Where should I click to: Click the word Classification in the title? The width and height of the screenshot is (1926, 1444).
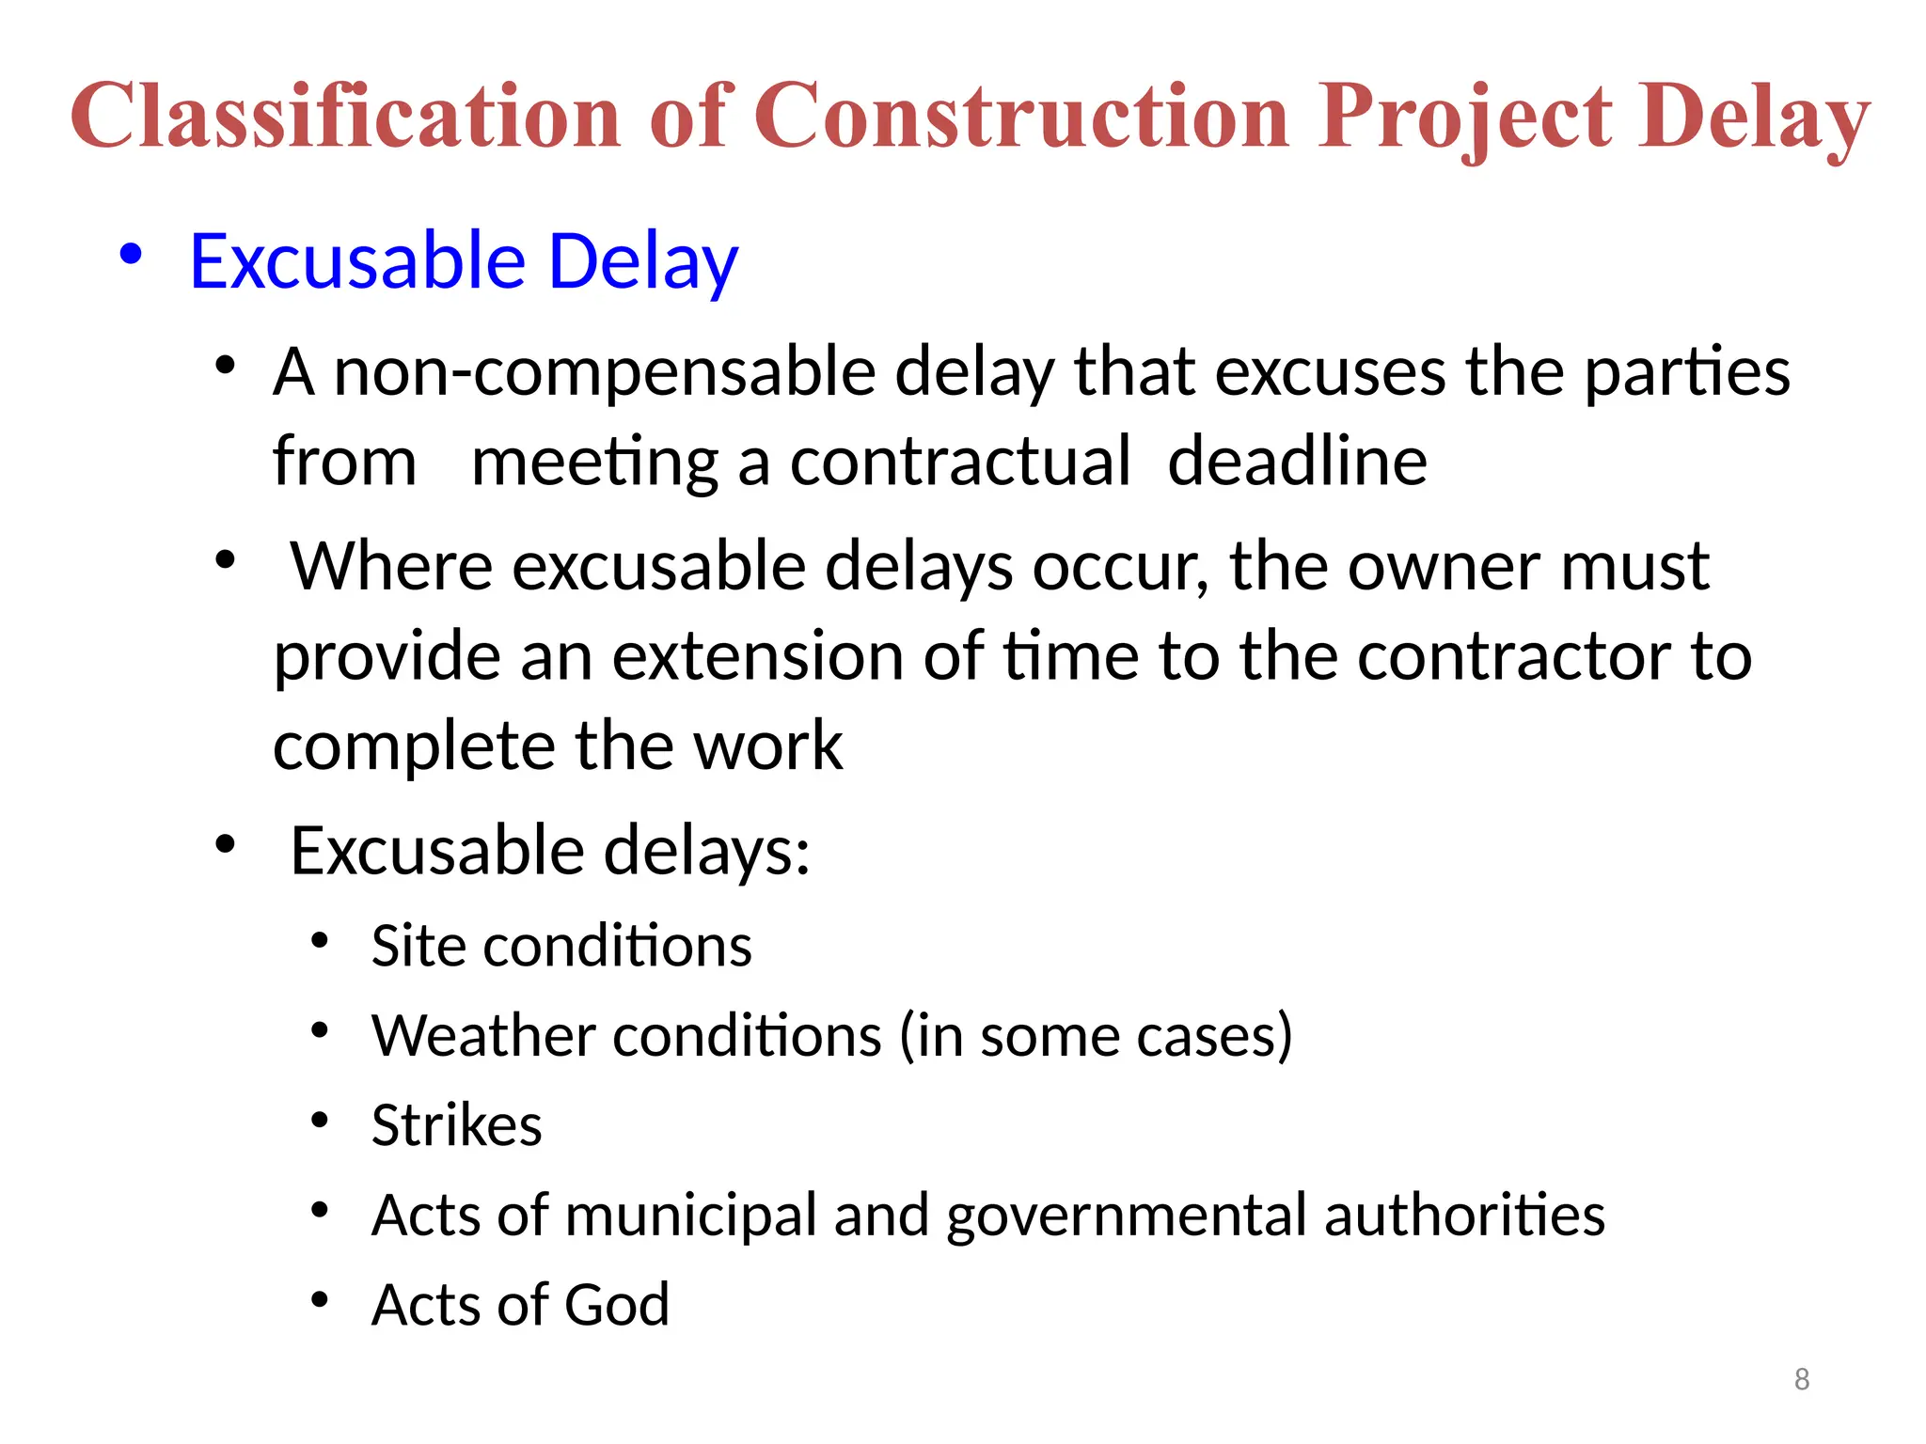[345, 116]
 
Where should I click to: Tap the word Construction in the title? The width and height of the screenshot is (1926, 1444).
[1021, 116]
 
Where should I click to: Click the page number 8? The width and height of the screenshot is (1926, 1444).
[1801, 1379]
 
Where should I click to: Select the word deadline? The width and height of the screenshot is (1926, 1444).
[1297, 462]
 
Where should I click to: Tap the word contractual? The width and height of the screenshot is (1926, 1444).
[960, 462]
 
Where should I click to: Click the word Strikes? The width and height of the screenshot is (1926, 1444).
[456, 1124]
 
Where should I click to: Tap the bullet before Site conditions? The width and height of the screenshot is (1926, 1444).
[320, 940]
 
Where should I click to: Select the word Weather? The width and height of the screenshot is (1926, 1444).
[482, 1035]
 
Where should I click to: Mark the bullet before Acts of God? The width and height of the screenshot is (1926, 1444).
[320, 1300]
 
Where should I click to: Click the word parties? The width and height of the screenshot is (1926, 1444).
[1687, 372]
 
